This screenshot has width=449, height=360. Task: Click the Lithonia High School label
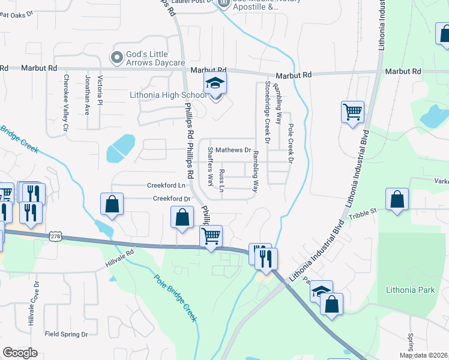click(168, 95)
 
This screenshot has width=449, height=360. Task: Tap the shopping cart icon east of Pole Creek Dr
click(352, 111)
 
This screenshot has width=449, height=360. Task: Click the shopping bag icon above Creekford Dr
click(112, 204)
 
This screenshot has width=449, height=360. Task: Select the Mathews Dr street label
click(234, 149)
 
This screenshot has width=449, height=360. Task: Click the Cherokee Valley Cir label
click(66, 102)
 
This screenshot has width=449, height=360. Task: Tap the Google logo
click(20, 352)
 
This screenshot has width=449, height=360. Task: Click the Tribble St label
click(364, 211)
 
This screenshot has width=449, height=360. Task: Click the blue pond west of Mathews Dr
click(121, 149)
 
